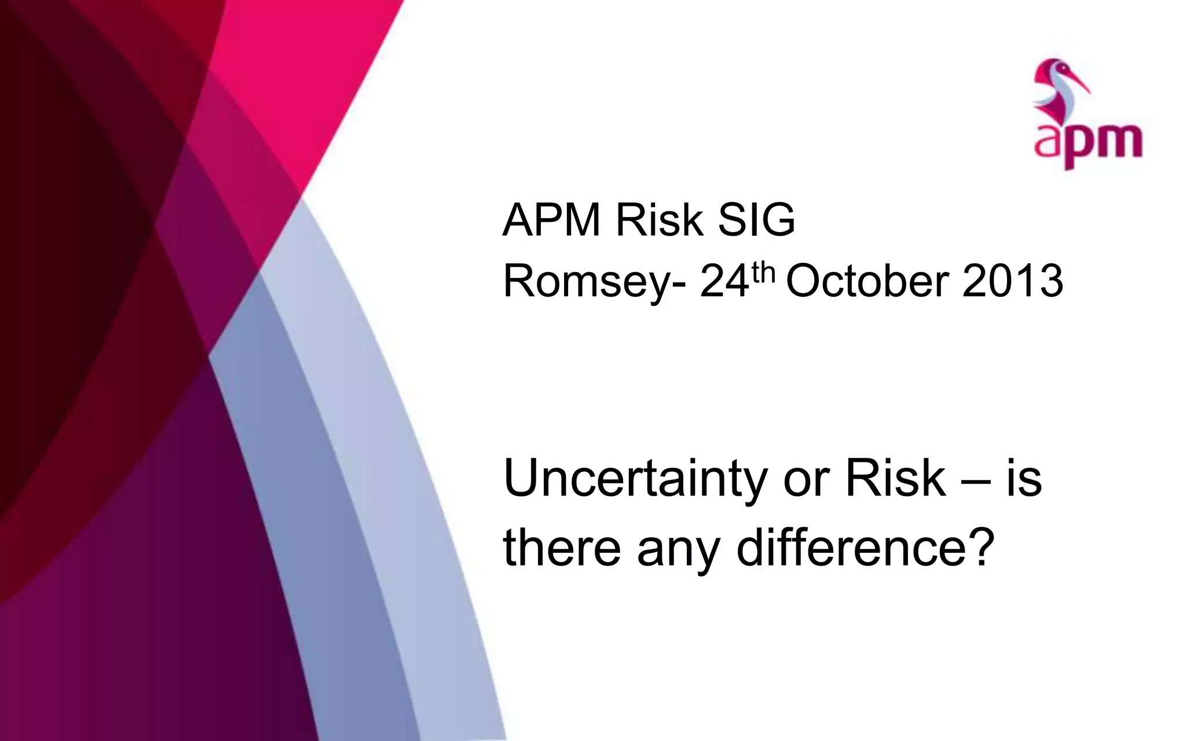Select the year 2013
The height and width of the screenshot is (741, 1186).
coord(1012,282)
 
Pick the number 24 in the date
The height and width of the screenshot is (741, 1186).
coord(724,282)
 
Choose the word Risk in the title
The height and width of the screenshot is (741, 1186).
coord(895,479)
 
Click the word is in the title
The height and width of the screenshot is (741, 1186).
coord(1024,479)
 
